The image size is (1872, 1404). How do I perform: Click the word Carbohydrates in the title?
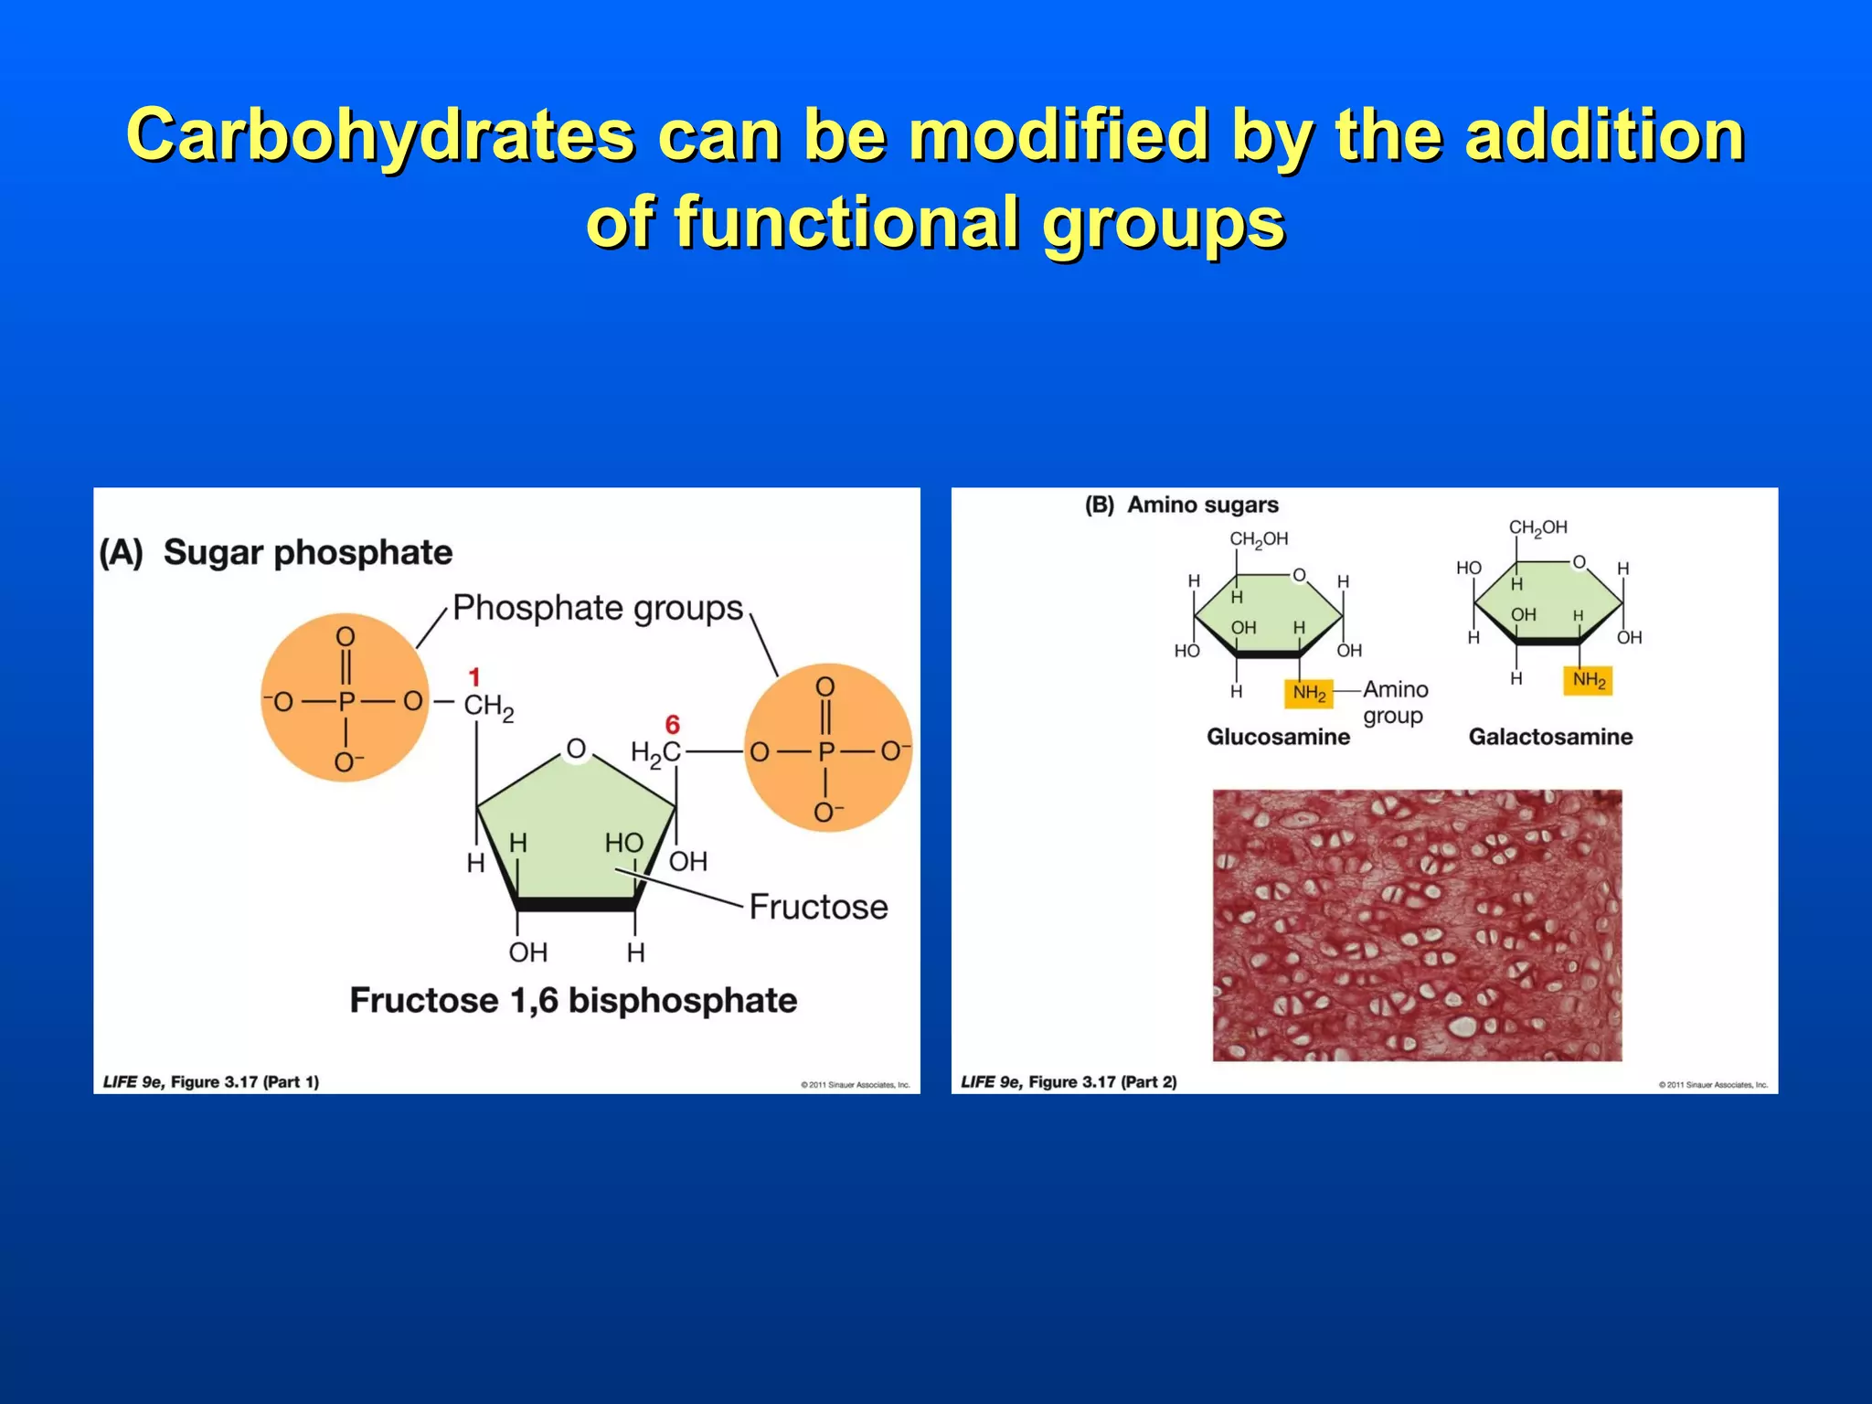[x=379, y=134]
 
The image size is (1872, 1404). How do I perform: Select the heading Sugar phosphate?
[x=307, y=553]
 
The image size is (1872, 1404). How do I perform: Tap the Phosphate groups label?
[x=598, y=608]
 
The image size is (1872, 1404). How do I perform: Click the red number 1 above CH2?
[x=474, y=677]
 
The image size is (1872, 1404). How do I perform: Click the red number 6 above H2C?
[x=673, y=725]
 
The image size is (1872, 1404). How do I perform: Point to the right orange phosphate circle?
[x=827, y=749]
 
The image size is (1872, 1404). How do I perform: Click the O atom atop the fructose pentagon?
[x=576, y=749]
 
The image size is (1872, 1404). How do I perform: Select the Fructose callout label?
[x=818, y=907]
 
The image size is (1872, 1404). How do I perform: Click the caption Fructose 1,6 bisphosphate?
[x=573, y=1000]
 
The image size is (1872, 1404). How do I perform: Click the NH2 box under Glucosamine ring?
[x=1309, y=694]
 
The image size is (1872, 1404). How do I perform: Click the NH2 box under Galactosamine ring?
[x=1588, y=680]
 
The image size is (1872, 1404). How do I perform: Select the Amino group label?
[x=1395, y=702]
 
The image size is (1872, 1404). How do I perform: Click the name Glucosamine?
[x=1278, y=737]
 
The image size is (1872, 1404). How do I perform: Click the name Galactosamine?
[x=1550, y=737]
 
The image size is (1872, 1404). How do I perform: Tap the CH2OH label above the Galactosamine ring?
[x=1537, y=528]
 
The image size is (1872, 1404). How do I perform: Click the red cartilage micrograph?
[x=1417, y=925]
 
